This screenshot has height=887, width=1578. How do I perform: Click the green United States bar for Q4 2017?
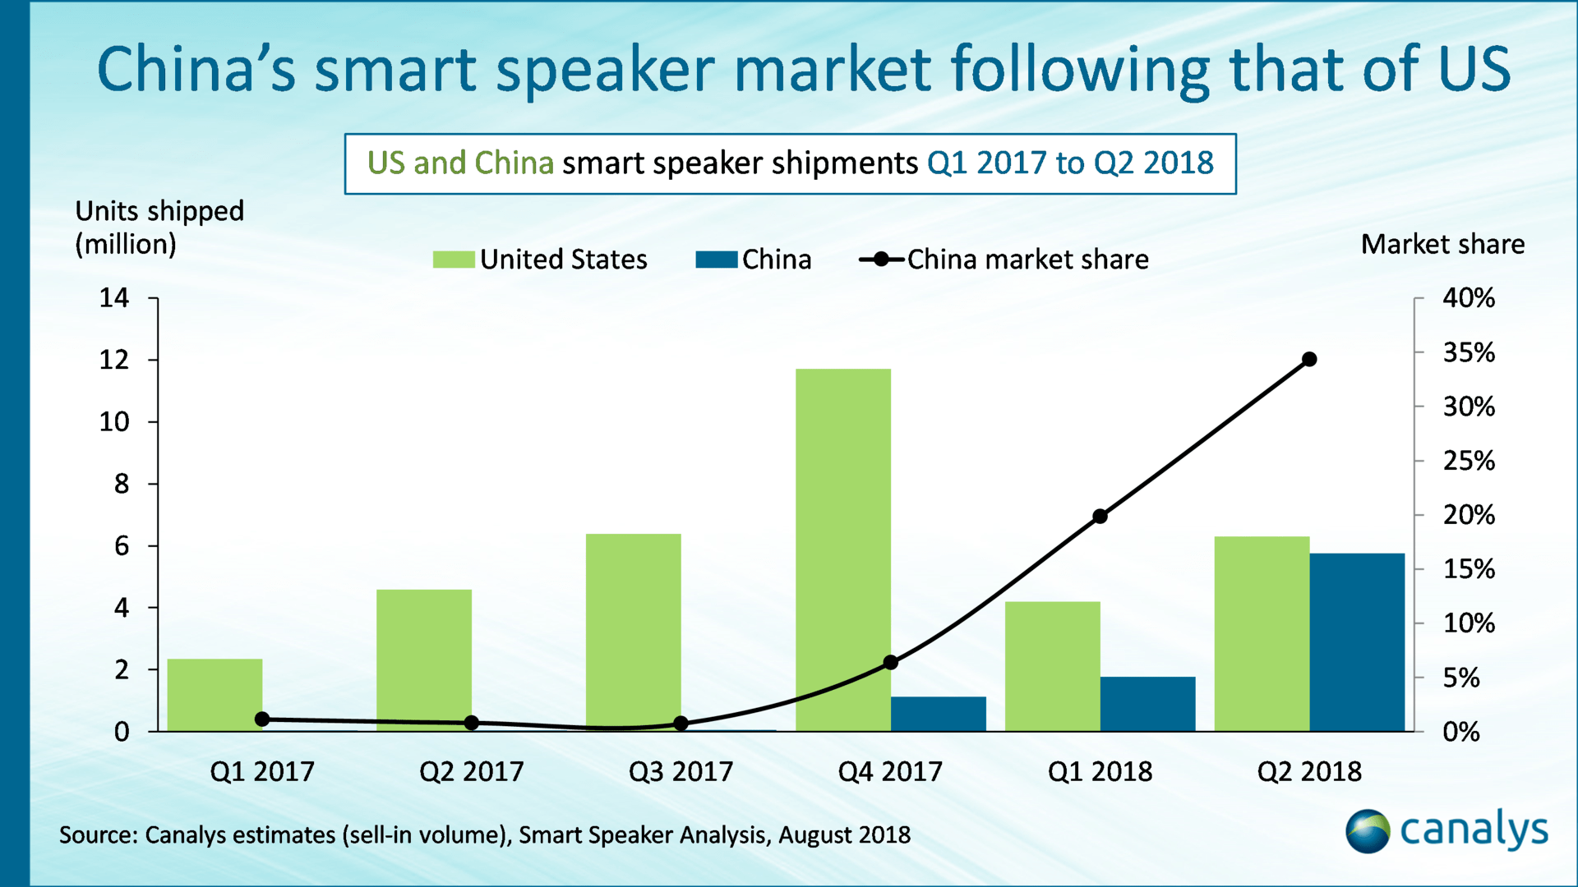pyautogui.click(x=842, y=550)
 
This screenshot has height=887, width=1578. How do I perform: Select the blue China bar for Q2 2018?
pyautogui.click(x=1357, y=642)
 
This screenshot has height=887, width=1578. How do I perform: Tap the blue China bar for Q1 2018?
pyautogui.click(x=1147, y=704)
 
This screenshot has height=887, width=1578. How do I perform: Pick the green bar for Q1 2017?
pyautogui.click(x=215, y=695)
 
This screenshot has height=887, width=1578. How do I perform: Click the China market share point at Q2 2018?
pyautogui.click(x=1309, y=359)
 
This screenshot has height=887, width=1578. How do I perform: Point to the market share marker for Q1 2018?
pyautogui.click(x=1100, y=517)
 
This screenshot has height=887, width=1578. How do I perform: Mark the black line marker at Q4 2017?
pyautogui.click(x=891, y=662)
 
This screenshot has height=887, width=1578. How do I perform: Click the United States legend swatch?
pyautogui.click(x=453, y=260)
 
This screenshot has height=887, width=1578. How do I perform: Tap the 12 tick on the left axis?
pyautogui.click(x=114, y=360)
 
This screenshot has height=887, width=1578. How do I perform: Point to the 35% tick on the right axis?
pyautogui.click(x=1469, y=353)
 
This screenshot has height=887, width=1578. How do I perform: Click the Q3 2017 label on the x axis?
pyautogui.click(x=681, y=771)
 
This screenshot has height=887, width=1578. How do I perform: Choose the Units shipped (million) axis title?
pyautogui.click(x=159, y=227)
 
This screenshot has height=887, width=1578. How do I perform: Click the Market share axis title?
pyautogui.click(x=1442, y=244)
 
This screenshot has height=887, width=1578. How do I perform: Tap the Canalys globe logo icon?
pyautogui.click(x=1367, y=831)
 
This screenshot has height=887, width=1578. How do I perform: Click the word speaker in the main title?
pyautogui.click(x=606, y=69)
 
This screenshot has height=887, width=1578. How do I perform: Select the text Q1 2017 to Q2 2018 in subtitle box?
pyautogui.click(x=1070, y=163)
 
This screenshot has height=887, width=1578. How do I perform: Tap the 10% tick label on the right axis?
pyautogui.click(x=1469, y=623)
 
